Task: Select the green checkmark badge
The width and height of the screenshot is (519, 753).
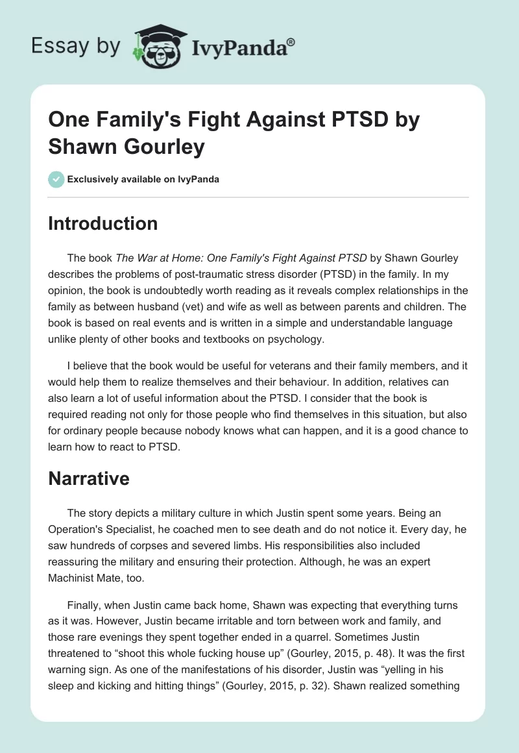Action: pos(56,179)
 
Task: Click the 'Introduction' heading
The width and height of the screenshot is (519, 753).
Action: pos(103,224)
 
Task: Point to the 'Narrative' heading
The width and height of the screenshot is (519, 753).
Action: pos(89,479)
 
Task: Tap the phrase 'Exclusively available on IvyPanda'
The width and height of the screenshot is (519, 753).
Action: pos(143,180)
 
